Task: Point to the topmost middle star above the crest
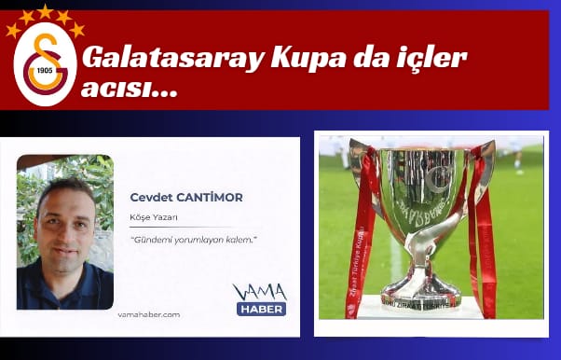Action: tap(45, 11)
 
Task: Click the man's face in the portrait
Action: tap(66, 221)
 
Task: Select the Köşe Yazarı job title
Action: tap(154, 218)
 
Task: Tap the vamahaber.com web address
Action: tap(149, 314)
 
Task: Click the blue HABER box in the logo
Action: tap(261, 309)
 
